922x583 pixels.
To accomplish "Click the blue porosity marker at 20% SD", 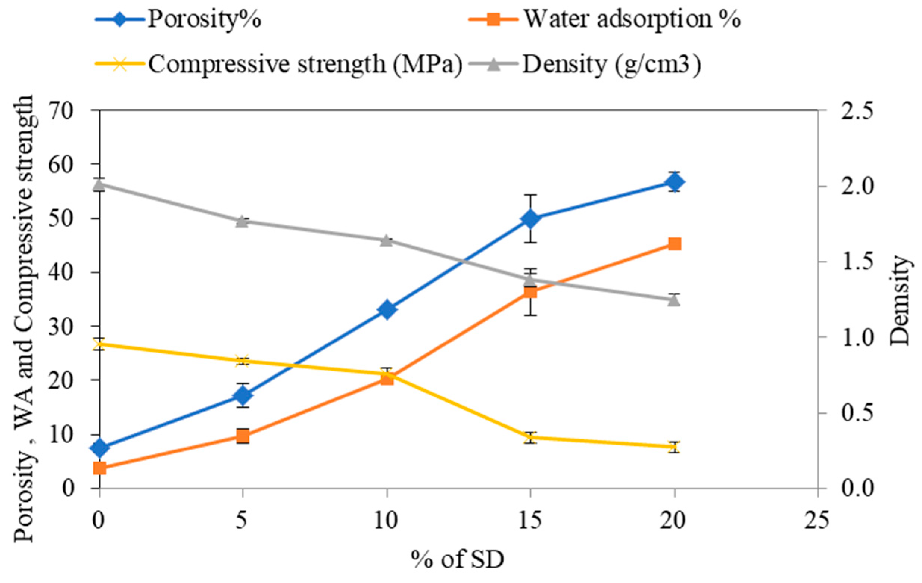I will point(674,183).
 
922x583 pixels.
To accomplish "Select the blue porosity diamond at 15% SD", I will point(530,219).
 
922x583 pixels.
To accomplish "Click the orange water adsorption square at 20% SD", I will point(674,243).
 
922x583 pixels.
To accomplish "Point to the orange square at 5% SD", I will point(243,436).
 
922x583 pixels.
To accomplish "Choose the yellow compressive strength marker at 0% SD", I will point(100,344).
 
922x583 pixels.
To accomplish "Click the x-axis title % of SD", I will point(458,559).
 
